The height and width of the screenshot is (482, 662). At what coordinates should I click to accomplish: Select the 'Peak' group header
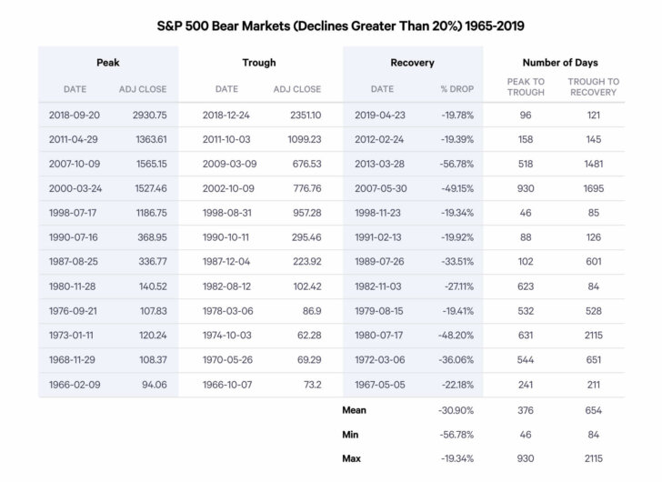pyautogui.click(x=108, y=63)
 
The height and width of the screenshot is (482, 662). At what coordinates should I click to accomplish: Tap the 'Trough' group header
pyautogui.click(x=259, y=63)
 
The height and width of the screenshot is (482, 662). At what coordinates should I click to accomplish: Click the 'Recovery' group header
pyautogui.click(x=412, y=63)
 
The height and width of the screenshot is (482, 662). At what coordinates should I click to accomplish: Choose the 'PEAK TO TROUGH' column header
pyautogui.click(x=526, y=86)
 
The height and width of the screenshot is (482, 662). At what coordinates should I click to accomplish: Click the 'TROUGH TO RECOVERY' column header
pyautogui.click(x=593, y=86)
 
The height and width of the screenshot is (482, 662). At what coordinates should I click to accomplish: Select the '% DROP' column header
pyautogui.click(x=456, y=89)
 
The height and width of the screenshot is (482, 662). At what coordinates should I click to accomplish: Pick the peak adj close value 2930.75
pyautogui.click(x=143, y=115)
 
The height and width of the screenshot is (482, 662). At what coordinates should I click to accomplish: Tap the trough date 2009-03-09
pyautogui.click(x=229, y=164)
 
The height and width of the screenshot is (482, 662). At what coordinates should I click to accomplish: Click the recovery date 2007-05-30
pyautogui.click(x=383, y=187)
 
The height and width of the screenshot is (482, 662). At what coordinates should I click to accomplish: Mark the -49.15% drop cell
pyautogui.click(x=456, y=187)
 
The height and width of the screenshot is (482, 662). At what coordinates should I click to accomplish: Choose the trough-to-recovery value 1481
pyautogui.click(x=593, y=164)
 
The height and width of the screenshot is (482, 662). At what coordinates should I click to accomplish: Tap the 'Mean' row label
pyautogui.click(x=354, y=410)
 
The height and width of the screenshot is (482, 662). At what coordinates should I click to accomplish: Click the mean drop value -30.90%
pyautogui.click(x=456, y=411)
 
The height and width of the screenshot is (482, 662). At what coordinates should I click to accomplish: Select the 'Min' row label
pyautogui.click(x=351, y=435)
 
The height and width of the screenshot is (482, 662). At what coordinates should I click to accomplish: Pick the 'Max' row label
pyautogui.click(x=352, y=458)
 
